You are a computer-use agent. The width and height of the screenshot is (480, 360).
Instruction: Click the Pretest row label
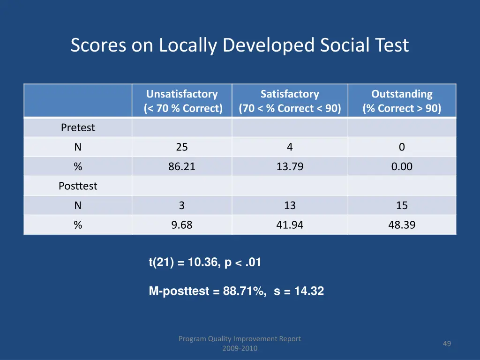tap(78, 127)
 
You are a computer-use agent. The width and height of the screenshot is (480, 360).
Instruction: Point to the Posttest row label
tap(78, 186)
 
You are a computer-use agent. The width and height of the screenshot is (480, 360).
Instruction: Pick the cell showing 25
tap(182, 147)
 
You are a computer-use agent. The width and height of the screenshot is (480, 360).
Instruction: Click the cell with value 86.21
tap(182, 166)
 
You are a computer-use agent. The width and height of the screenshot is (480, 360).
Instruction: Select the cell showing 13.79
tap(290, 166)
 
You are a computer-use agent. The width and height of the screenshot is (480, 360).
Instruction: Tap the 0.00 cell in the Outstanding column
tap(402, 166)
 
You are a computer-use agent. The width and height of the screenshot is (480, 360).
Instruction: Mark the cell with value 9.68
tap(182, 225)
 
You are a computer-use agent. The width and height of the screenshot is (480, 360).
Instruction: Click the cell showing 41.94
tap(290, 225)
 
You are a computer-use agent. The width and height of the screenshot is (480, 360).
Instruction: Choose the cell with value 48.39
tap(402, 225)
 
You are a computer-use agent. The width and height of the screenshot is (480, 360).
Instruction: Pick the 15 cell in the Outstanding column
tap(402, 205)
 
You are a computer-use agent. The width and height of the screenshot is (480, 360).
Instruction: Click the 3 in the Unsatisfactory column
tap(182, 205)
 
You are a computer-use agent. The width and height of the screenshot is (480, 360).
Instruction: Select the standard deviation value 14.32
tap(309, 292)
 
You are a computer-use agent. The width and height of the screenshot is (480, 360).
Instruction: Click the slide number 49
tap(447, 344)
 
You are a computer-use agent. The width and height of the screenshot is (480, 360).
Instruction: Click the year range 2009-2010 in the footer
tap(240, 348)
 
